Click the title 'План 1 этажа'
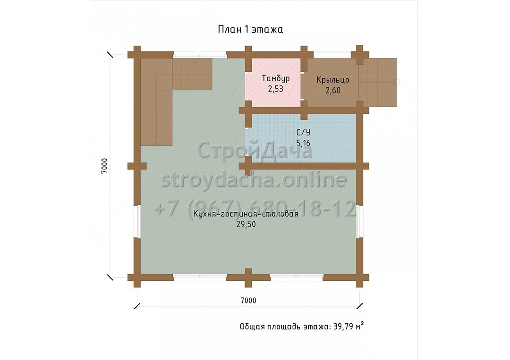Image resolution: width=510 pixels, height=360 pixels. pos(250,29)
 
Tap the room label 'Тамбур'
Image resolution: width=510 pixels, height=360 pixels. pos(275,78)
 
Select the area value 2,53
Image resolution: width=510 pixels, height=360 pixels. pos(275,89)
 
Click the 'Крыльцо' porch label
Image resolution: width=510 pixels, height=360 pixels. pos(333,80)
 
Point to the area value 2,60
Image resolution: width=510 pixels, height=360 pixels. pos(333,90)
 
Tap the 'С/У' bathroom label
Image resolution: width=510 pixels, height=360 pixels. pos(303,132)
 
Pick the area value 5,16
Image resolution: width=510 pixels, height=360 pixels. pos(303,143)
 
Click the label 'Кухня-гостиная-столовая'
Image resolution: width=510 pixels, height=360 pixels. pos(246,214)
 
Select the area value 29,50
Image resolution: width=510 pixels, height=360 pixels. pos(246,224)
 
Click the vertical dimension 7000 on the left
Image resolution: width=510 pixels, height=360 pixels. pos(104,166)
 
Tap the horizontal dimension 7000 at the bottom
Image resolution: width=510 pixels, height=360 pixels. pos(248,301)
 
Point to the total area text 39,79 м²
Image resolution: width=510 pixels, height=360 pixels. pos(348,326)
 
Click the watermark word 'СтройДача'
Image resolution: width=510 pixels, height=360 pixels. pos(255,151)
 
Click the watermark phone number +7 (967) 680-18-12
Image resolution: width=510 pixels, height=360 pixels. pos(255,208)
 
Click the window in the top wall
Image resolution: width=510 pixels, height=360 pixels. pos(199,55)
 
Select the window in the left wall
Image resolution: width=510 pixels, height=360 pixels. pos(138,222)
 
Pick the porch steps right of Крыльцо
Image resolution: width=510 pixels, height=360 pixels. pos(378,83)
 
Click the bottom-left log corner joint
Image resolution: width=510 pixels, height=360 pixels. pos(137,277)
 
